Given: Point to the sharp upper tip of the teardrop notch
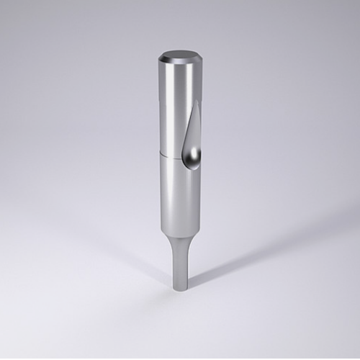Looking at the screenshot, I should [x=197, y=102].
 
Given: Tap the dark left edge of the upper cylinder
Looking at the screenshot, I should [x=160, y=108].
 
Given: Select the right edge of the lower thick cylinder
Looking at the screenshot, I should [x=201, y=202].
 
